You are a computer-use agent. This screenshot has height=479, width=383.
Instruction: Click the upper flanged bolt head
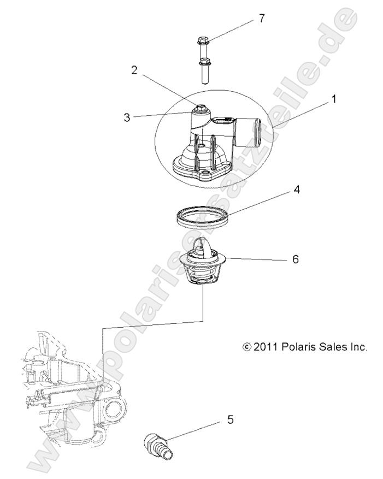[x=202, y=40]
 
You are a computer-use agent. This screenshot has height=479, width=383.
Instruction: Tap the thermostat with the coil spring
[x=203, y=263]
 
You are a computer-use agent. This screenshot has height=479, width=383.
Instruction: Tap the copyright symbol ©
[x=246, y=347]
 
